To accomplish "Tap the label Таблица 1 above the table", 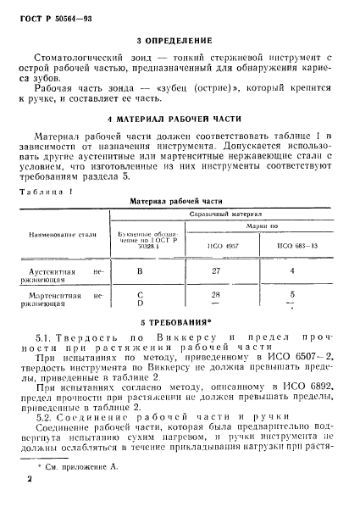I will click(46, 192).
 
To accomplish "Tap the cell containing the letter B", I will click(139, 271).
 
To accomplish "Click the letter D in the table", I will click(139, 302).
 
